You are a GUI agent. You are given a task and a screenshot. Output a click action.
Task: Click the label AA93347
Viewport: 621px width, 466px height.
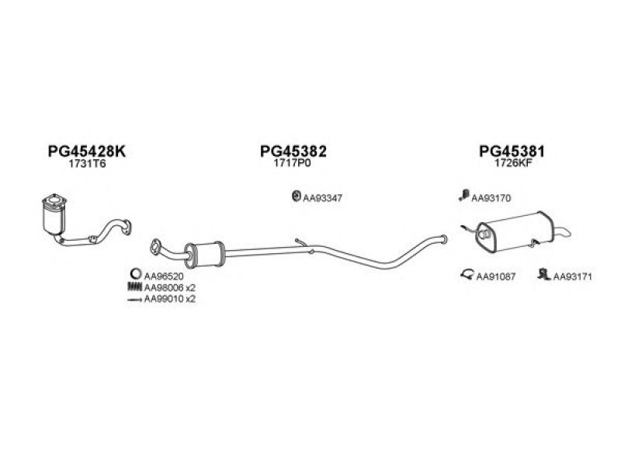click(322, 197)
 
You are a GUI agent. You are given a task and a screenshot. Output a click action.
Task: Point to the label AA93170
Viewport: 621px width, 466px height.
click(491, 198)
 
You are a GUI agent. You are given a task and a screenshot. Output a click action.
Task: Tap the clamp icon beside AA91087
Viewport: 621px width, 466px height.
click(468, 274)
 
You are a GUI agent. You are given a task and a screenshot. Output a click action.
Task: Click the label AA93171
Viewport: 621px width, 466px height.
click(573, 275)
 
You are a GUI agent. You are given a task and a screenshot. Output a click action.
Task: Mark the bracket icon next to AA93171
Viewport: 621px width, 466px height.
click(544, 274)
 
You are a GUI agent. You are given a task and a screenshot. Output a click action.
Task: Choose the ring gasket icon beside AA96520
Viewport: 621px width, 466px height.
click(134, 274)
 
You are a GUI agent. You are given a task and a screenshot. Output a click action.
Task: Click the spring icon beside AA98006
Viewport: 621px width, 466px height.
click(134, 287)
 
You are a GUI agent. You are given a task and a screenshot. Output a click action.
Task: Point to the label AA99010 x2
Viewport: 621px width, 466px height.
click(169, 297)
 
